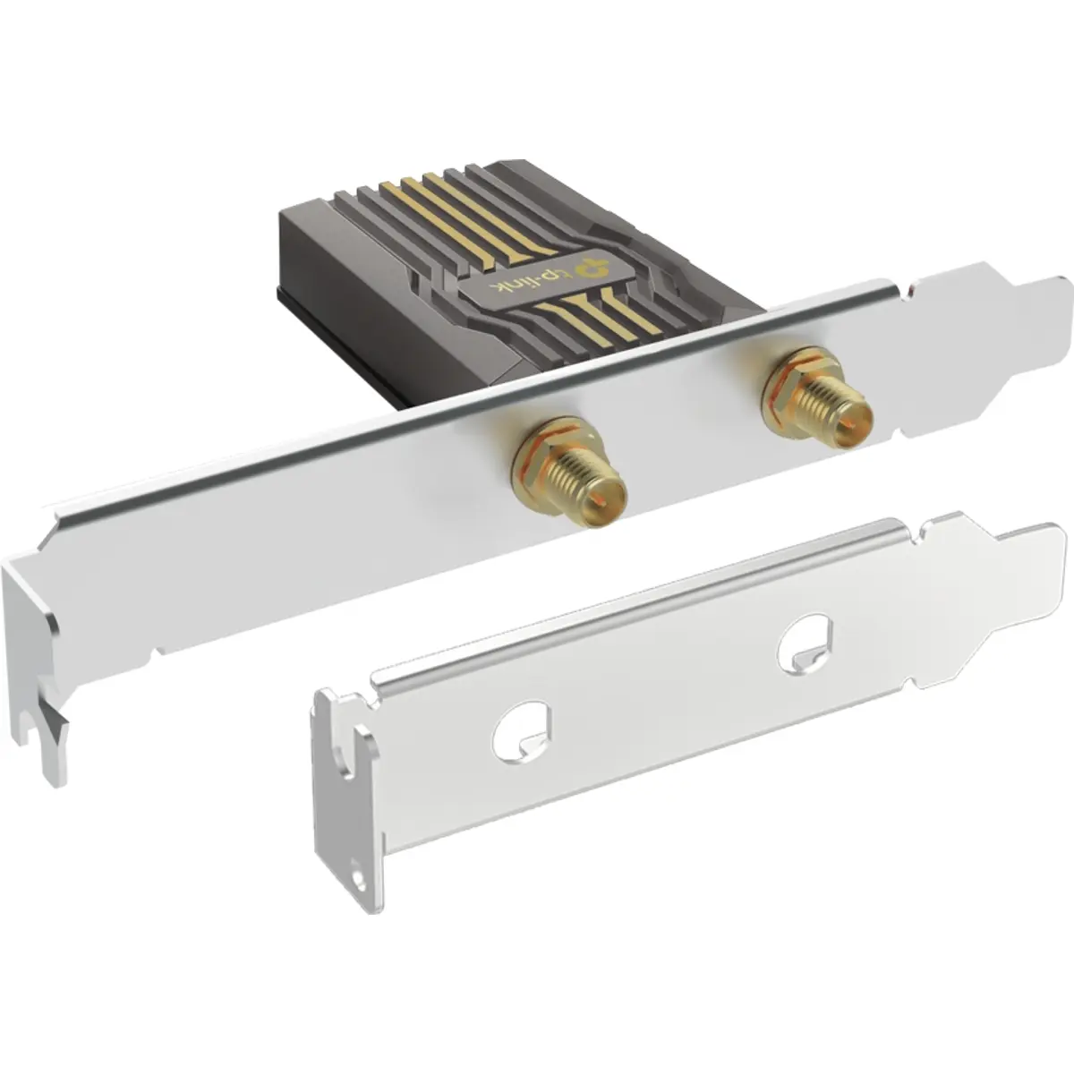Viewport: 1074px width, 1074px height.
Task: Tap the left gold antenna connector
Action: click(570, 473)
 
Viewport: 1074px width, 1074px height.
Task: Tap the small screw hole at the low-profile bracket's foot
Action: click(357, 879)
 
